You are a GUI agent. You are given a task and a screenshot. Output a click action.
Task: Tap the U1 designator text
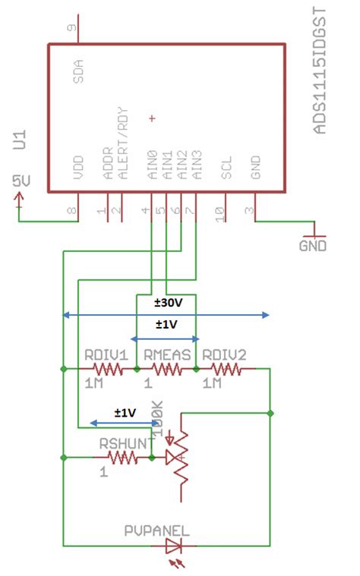pos(24,141)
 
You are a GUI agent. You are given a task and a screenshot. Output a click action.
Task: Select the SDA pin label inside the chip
pos(79,69)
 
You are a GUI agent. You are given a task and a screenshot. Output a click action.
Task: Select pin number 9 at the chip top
pos(72,30)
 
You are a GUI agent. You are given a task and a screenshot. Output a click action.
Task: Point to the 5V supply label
pos(21,181)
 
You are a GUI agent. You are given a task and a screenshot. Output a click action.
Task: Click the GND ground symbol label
pos(312,247)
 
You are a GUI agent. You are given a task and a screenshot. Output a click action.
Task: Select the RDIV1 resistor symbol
pos(107,370)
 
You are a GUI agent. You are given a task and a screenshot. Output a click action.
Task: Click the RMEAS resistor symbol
pos(166,370)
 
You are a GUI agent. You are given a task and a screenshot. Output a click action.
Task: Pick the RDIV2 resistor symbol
pos(226,370)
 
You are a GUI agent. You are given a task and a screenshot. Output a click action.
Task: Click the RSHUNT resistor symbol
pos(122,458)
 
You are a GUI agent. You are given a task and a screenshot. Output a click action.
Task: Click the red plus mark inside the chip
pos(152,118)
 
